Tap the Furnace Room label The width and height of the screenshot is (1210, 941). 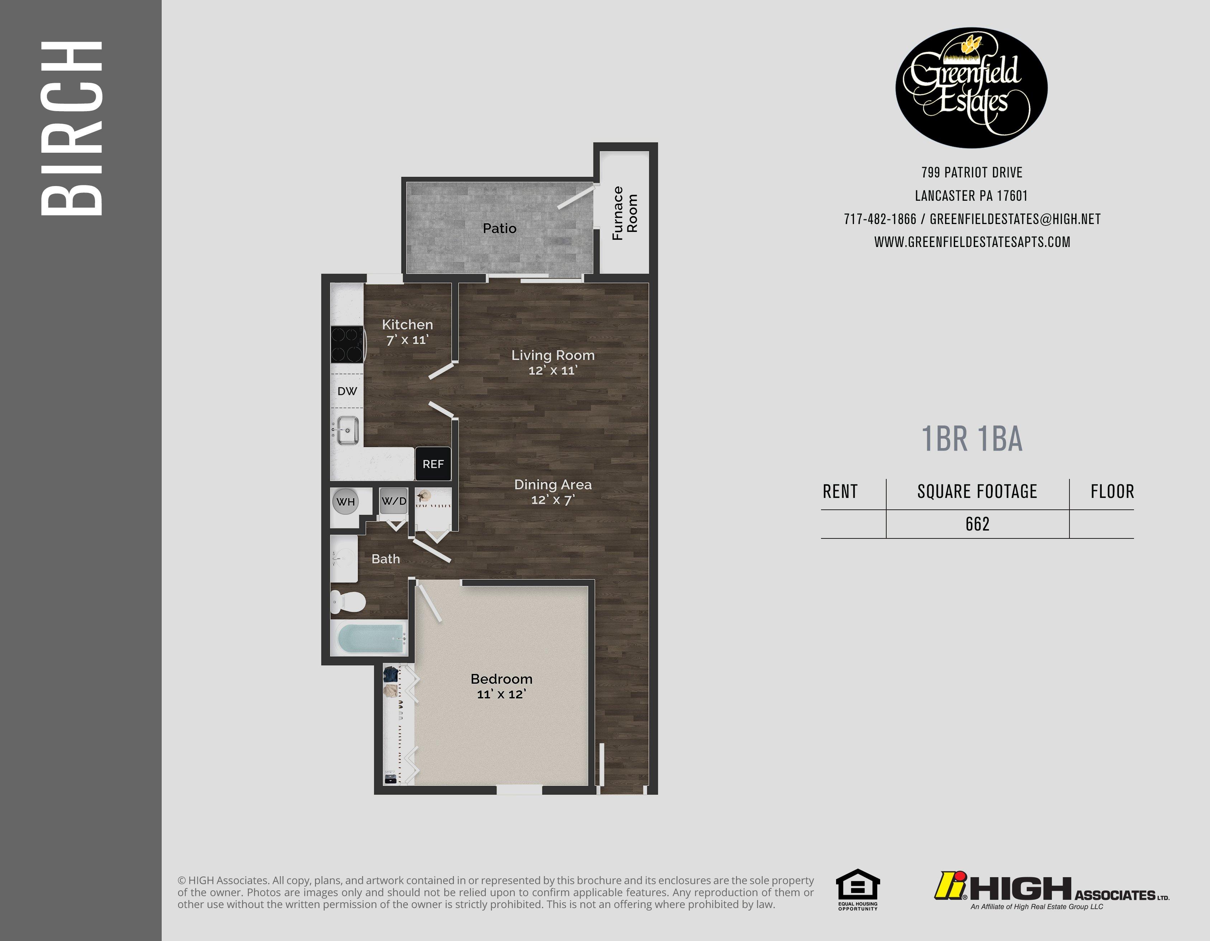point(625,213)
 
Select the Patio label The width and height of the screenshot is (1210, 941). point(499,228)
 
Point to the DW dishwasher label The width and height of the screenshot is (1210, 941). point(347,391)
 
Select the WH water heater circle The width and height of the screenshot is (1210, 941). point(346,502)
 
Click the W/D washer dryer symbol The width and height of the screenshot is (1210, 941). point(394,501)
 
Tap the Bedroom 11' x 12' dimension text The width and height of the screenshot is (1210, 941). point(502,694)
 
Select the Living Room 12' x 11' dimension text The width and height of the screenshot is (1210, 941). point(552,371)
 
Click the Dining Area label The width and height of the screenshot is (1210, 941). point(553,485)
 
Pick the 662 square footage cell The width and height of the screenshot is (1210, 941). point(977,524)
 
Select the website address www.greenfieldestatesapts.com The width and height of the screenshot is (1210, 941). point(972,242)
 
